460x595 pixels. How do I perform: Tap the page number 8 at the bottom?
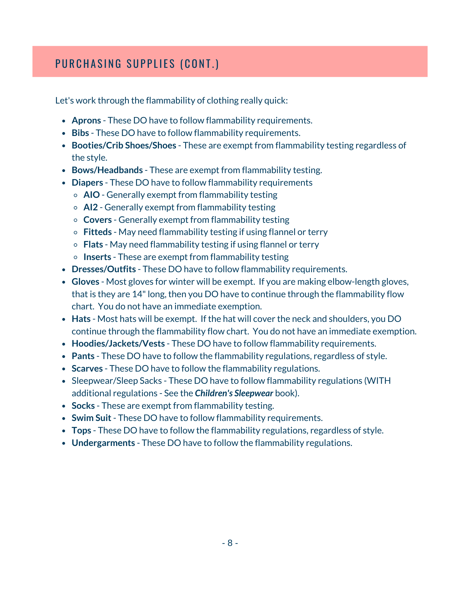tap(230, 543)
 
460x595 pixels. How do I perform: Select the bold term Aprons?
tap(86, 120)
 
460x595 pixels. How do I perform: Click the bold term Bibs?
tap(80, 133)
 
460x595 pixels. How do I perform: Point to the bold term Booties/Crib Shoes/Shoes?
tap(124, 145)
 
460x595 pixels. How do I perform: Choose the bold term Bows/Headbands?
tap(107, 170)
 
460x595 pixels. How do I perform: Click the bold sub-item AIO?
tap(91, 195)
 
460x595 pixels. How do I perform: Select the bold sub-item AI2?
tap(91, 207)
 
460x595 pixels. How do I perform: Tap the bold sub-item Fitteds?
tap(97, 232)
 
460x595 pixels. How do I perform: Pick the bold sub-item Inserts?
tap(97, 257)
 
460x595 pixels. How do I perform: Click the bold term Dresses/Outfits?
tap(104, 269)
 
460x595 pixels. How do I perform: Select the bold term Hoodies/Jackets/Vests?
tap(118, 344)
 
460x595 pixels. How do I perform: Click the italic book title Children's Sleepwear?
tap(234, 393)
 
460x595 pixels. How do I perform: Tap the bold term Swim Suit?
tap(91, 418)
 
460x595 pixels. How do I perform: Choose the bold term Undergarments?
tap(103, 443)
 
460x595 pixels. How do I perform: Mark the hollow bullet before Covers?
tap(76, 220)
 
